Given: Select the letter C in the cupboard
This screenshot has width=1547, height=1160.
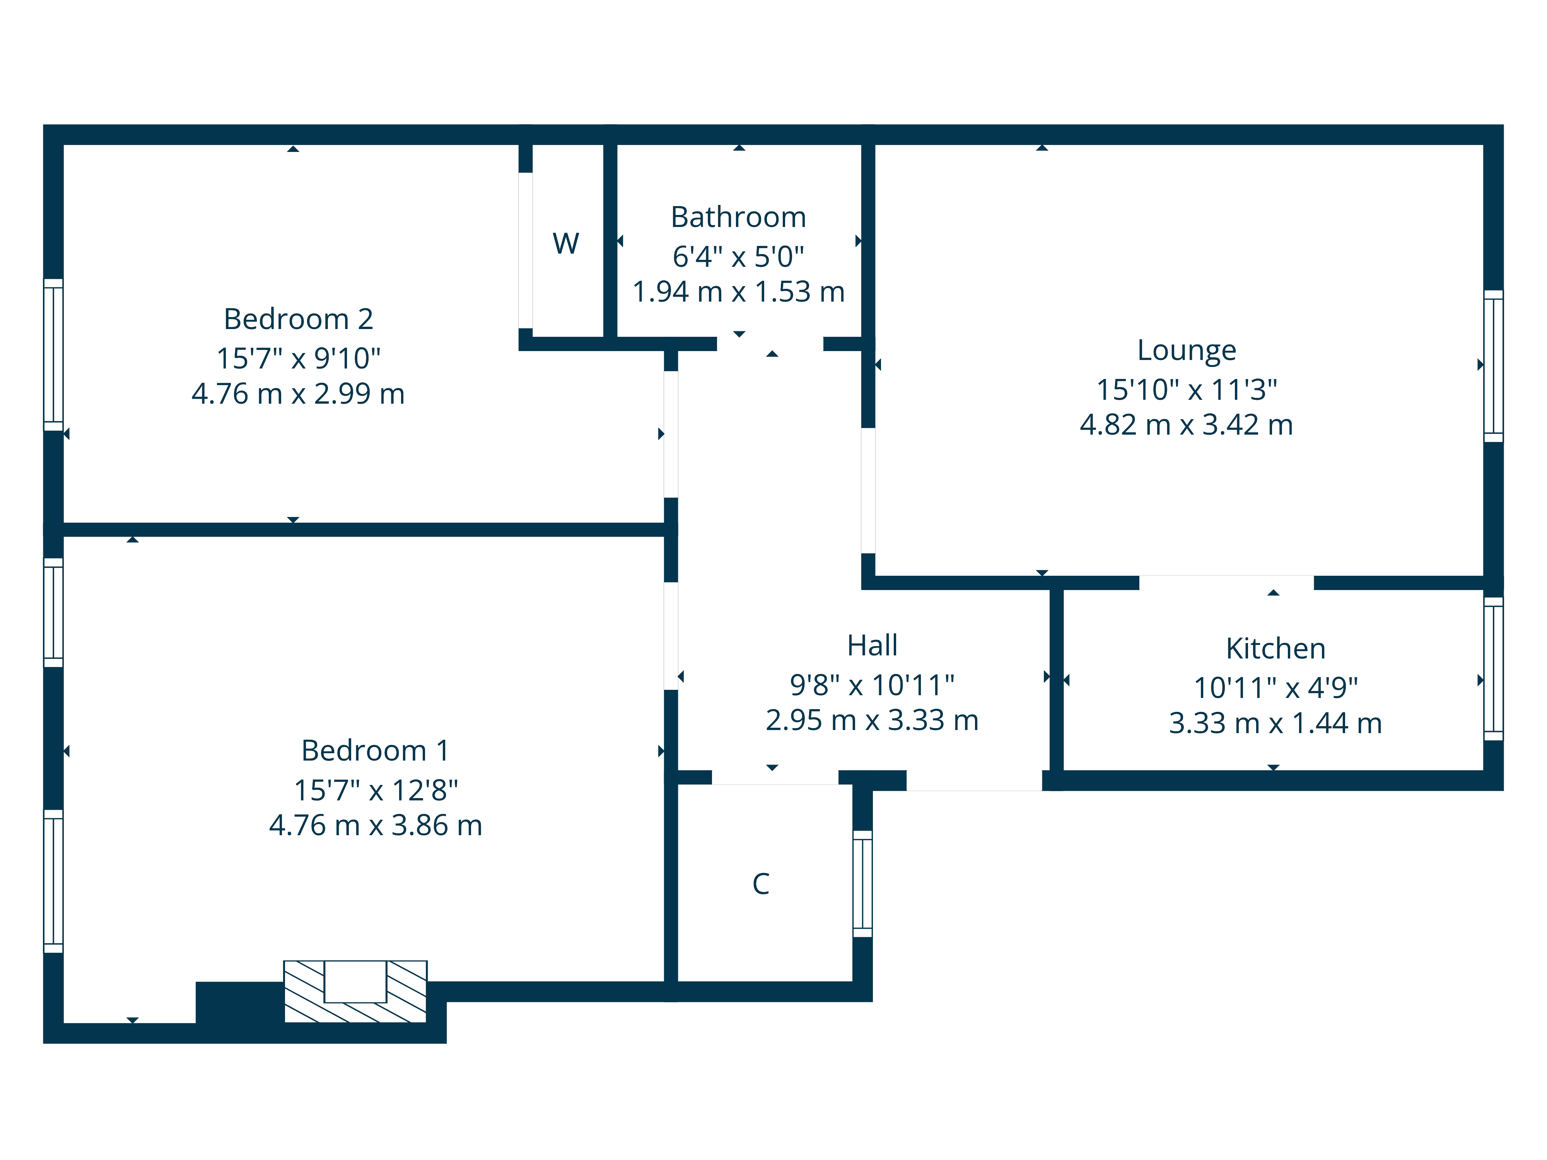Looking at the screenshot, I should (760, 884).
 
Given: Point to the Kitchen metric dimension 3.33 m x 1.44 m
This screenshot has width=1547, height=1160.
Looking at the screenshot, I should (1275, 723).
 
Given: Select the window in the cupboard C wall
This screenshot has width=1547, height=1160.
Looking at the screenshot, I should (862, 884).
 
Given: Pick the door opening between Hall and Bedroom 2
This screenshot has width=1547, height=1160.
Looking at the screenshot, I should (671, 434).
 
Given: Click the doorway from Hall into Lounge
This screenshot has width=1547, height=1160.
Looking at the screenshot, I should (868, 490).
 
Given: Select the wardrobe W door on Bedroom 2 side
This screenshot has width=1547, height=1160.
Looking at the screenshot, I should (525, 250).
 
